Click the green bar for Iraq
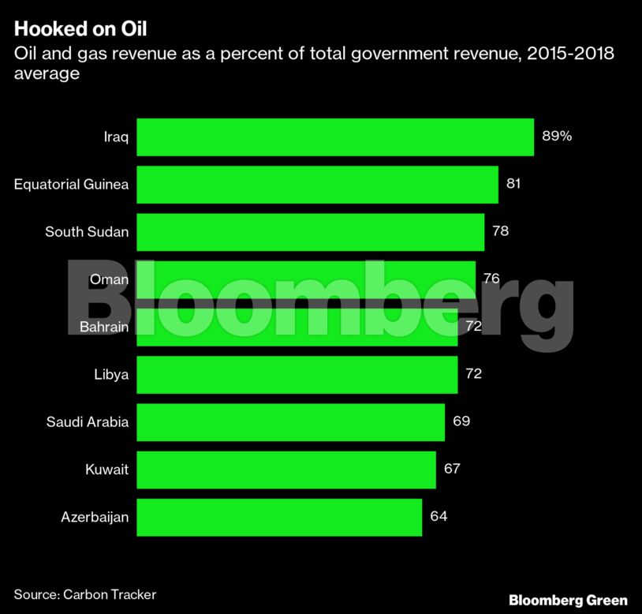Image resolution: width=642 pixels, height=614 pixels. coord(335,137)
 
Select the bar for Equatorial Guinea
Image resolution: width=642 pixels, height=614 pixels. coord(317,184)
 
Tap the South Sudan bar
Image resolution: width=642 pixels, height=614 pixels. coord(310,231)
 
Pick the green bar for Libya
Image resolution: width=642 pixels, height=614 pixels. coord(297,374)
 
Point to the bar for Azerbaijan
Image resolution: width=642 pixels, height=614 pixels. coord(279,517)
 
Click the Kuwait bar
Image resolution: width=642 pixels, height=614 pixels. coord(286,470)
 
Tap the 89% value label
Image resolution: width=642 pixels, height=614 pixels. coord(556,136)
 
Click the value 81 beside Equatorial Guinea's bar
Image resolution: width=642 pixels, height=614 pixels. coord(513,184)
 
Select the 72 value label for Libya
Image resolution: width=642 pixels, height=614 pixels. coord(473,374)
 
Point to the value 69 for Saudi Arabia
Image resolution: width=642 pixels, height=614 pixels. coord(461,421)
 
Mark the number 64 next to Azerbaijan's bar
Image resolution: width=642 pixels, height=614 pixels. coord(439,517)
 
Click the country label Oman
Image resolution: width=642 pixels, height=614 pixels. coord(109,279)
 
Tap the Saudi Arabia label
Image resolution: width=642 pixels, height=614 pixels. coord(88,421)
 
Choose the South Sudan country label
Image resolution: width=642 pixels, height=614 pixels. coord(87,231)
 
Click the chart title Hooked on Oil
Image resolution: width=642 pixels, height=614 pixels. coord(80,30)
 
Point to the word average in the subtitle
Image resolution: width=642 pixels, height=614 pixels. coord(47,73)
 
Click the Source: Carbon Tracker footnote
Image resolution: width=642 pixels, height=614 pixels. coord(85,594)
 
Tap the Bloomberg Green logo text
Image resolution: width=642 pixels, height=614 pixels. coord(568,600)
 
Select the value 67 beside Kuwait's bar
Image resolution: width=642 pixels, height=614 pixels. coord(452,470)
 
